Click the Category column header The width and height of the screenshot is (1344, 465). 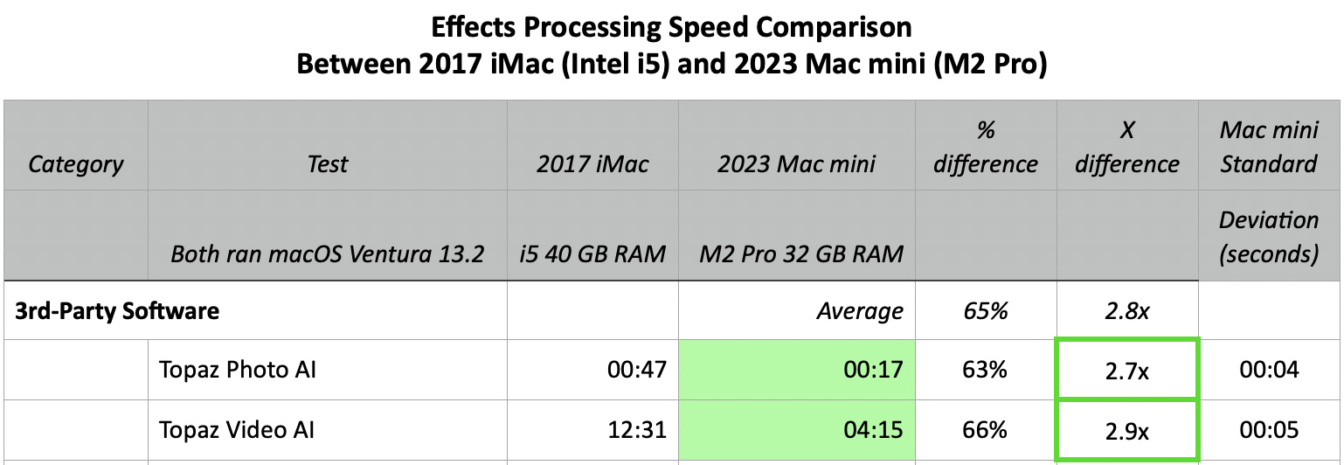click(76, 164)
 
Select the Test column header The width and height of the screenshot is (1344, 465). click(328, 164)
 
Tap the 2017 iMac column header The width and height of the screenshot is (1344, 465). click(593, 164)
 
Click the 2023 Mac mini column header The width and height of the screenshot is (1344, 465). click(797, 164)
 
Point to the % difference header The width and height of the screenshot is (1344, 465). click(986, 147)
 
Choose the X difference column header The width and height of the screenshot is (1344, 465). click(1127, 147)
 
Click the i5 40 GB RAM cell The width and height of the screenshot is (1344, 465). click(593, 254)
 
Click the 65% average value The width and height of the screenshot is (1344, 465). click(986, 310)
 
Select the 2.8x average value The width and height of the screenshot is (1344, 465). click(1127, 310)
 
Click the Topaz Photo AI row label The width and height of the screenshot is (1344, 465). click(238, 370)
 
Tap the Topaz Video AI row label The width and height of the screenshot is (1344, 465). click(237, 430)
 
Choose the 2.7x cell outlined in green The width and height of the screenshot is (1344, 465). click(1127, 370)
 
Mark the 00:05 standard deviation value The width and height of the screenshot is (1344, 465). click(1269, 430)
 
